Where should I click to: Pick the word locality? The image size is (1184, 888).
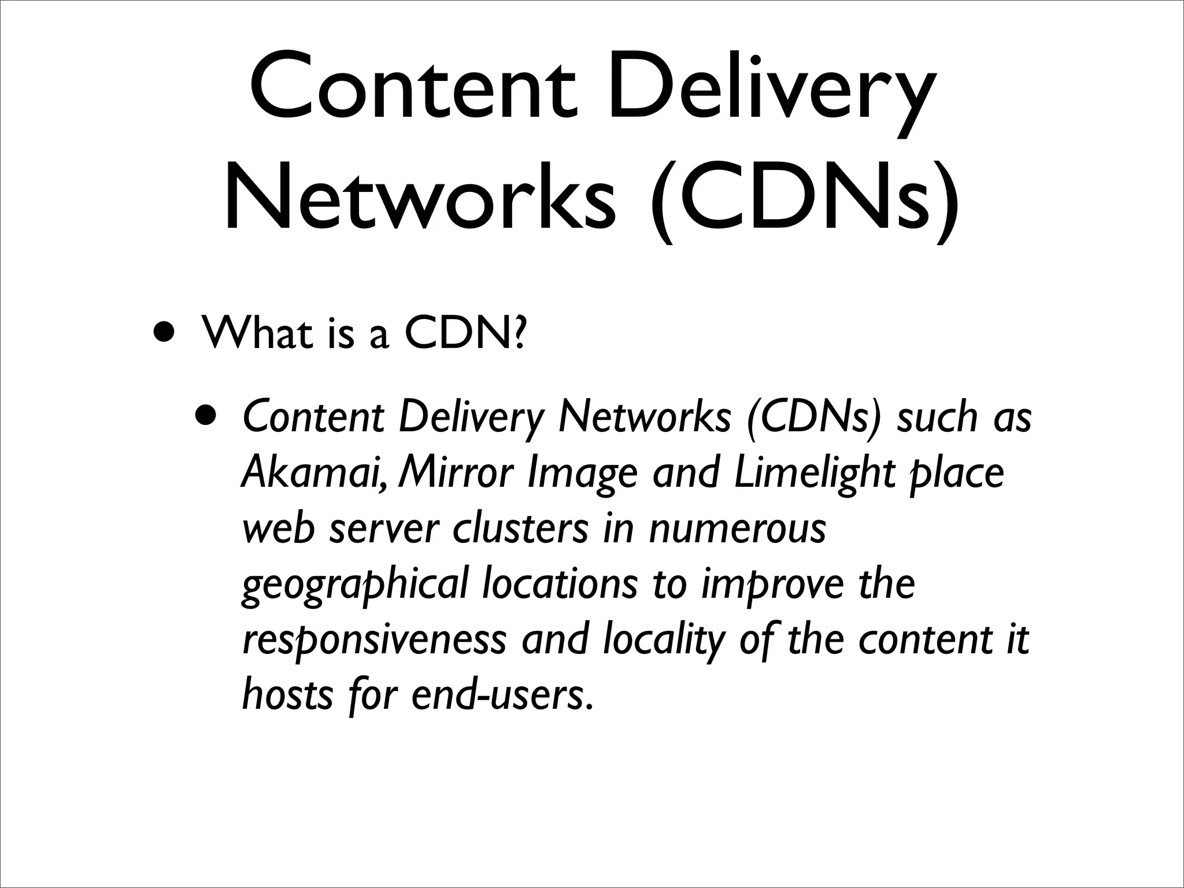[663, 641]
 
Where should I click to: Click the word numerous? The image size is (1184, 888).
[737, 530]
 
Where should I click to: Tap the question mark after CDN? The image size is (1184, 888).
[519, 334]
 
